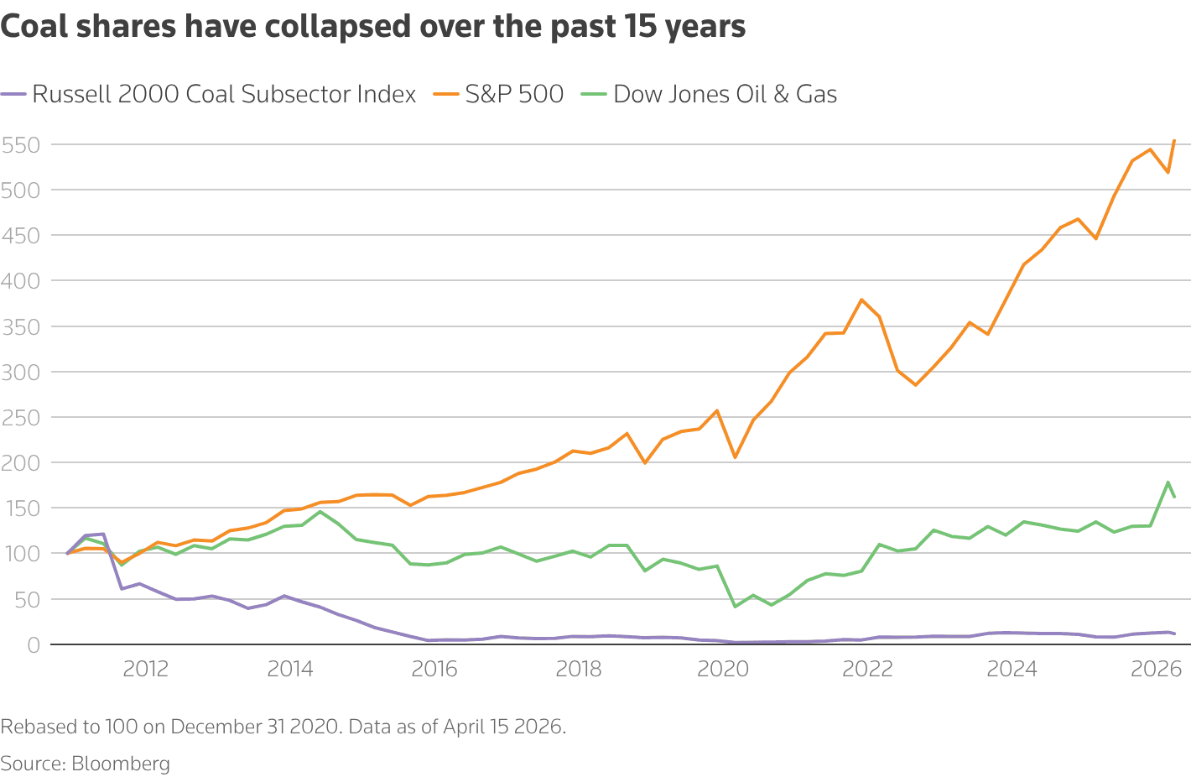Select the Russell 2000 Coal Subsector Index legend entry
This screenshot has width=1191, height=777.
(223, 94)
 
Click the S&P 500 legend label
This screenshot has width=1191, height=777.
(513, 94)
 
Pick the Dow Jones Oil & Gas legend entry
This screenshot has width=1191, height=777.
(725, 94)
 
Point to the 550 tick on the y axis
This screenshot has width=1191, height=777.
(20, 145)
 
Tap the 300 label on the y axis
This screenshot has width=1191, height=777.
(20, 372)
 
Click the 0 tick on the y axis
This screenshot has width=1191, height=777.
(33, 644)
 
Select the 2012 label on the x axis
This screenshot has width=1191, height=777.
(146, 669)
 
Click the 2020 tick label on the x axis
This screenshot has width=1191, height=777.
(723, 669)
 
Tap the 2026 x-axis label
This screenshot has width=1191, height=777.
(1156, 669)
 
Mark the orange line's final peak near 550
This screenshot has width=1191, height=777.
(1174, 140)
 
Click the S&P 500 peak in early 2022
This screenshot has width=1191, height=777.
(861, 300)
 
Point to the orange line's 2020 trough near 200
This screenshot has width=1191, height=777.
(735, 457)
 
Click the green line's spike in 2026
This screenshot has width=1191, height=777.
(1168, 482)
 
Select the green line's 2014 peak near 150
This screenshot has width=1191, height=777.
(320, 512)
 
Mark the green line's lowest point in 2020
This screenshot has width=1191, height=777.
(735, 607)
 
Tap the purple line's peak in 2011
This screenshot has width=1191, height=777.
(102, 534)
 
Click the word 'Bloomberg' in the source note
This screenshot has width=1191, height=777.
(121, 764)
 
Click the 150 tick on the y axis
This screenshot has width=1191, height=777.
(20, 508)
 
